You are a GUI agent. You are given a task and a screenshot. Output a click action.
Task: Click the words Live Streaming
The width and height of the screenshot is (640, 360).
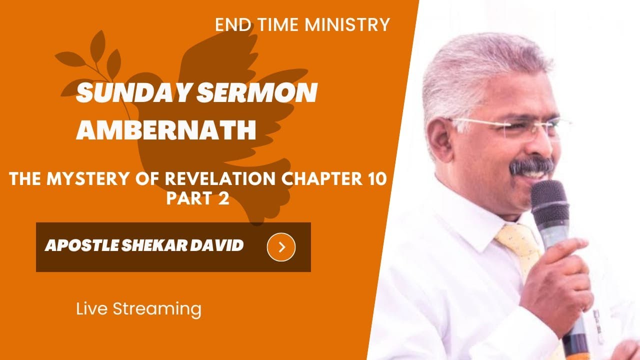tap(138, 308)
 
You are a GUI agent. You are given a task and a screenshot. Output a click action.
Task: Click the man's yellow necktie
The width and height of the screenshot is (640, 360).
tap(520, 250)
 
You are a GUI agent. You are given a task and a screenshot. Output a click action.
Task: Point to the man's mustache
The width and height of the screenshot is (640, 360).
tap(530, 165)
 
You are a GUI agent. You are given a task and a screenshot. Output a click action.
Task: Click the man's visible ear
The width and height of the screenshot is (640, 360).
tap(438, 139)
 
